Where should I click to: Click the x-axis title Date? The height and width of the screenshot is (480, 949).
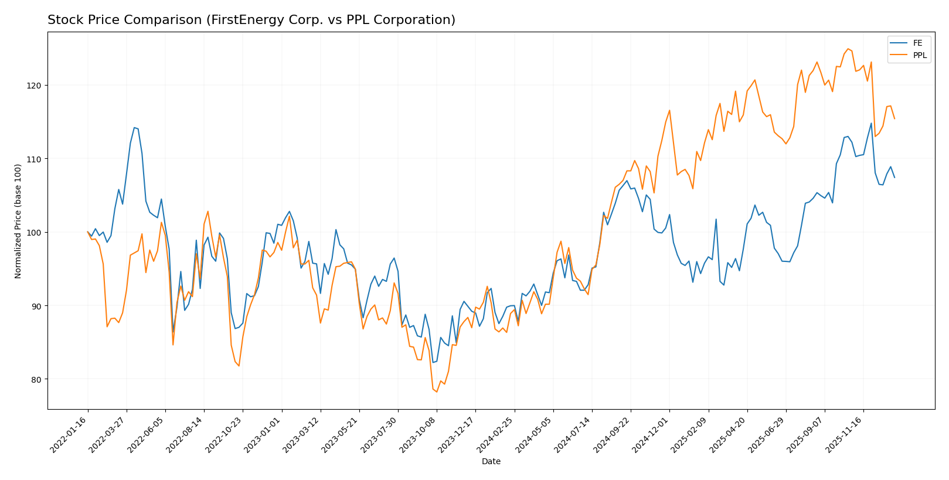(491, 462)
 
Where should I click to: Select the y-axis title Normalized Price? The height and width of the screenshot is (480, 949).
(18, 221)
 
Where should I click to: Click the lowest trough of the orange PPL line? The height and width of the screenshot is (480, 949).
(437, 392)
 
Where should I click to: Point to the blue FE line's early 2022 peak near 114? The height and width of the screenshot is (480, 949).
(134, 127)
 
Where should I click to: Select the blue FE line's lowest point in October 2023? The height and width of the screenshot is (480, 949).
(433, 362)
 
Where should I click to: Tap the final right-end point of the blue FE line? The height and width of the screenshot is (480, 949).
(894, 178)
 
